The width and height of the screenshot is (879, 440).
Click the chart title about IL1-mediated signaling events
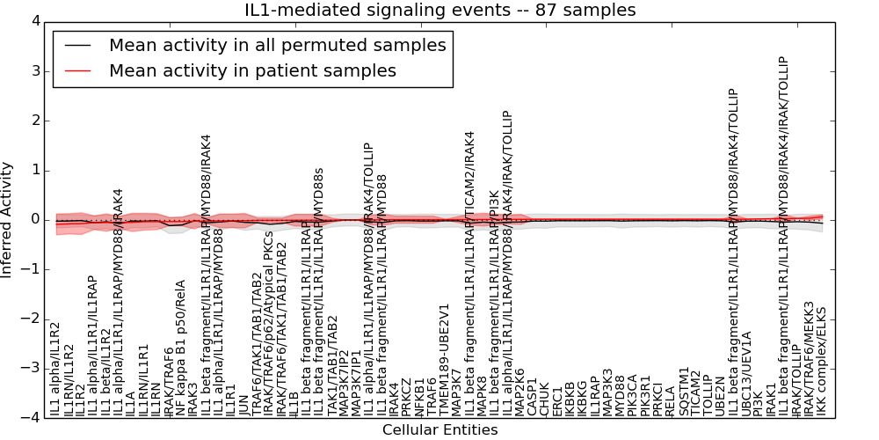pyautogui.click(x=439, y=11)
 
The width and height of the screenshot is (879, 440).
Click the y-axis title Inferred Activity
pyautogui.click(x=8, y=219)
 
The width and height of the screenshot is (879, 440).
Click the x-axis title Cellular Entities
pyautogui.click(x=439, y=430)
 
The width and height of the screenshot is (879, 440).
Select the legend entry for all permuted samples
pyautogui.click(x=276, y=46)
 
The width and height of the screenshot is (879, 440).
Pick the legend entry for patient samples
pyautogui.click(x=252, y=70)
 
